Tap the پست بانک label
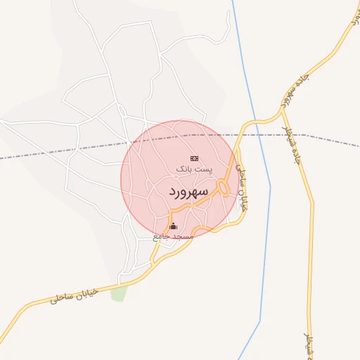coord(192,170)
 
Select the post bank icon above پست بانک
coord(194,158)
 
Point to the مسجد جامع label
coord(173,237)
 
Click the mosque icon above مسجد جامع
coord(174,226)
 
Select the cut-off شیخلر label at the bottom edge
coord(309,348)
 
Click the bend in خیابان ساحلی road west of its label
coord(28,307)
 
